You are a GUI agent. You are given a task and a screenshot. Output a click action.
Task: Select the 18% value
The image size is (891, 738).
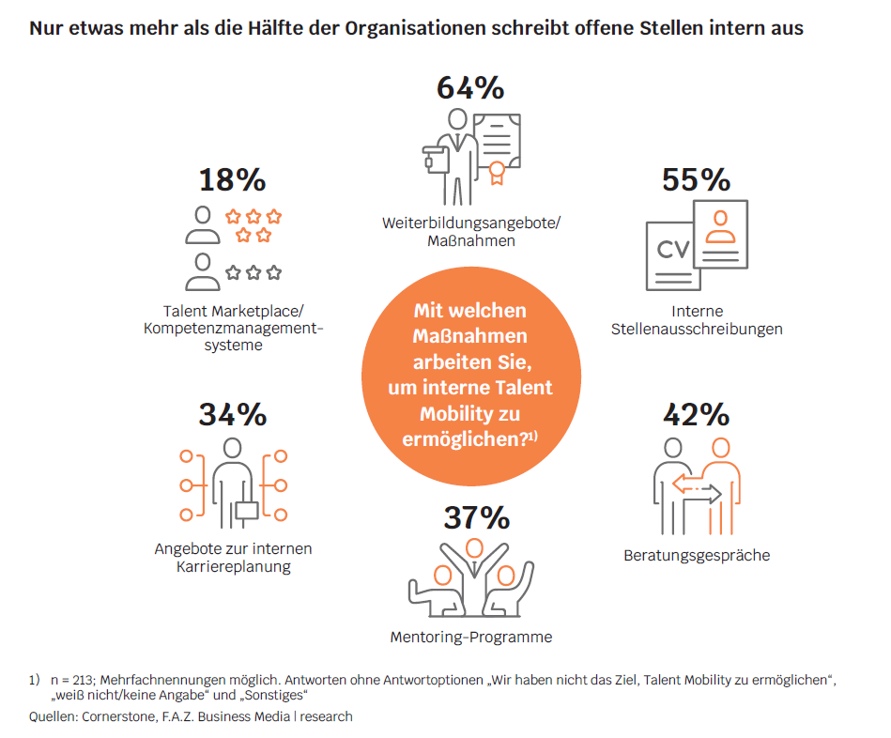coord(232,179)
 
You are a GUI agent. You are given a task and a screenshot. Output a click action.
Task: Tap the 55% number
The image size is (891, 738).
coord(696,179)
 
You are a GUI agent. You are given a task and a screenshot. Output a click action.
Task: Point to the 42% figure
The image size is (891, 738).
coord(696,414)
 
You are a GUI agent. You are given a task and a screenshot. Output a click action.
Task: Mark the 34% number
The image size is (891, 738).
coord(232,414)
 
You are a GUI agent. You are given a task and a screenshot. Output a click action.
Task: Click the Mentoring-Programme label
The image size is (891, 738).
coord(470,638)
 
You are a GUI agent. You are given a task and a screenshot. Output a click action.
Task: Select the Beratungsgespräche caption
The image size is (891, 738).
coord(697,555)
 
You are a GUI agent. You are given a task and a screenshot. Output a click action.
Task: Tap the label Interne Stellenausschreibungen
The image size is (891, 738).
coord(697,320)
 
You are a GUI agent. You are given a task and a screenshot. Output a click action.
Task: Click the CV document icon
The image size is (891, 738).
coord(672,252)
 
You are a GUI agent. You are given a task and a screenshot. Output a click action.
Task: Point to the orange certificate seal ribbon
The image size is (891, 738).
coord(495,171)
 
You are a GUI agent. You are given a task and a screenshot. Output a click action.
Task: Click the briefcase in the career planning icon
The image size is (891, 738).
coord(246,510)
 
